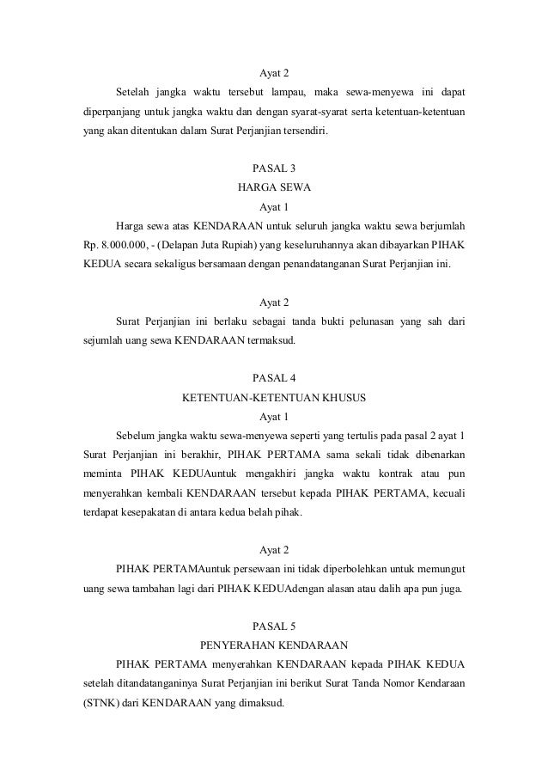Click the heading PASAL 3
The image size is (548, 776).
click(x=274, y=167)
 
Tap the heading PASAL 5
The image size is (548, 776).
click(x=274, y=625)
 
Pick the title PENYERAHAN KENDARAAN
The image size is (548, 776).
click(x=274, y=645)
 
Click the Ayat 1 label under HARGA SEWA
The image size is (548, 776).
click(x=274, y=207)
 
